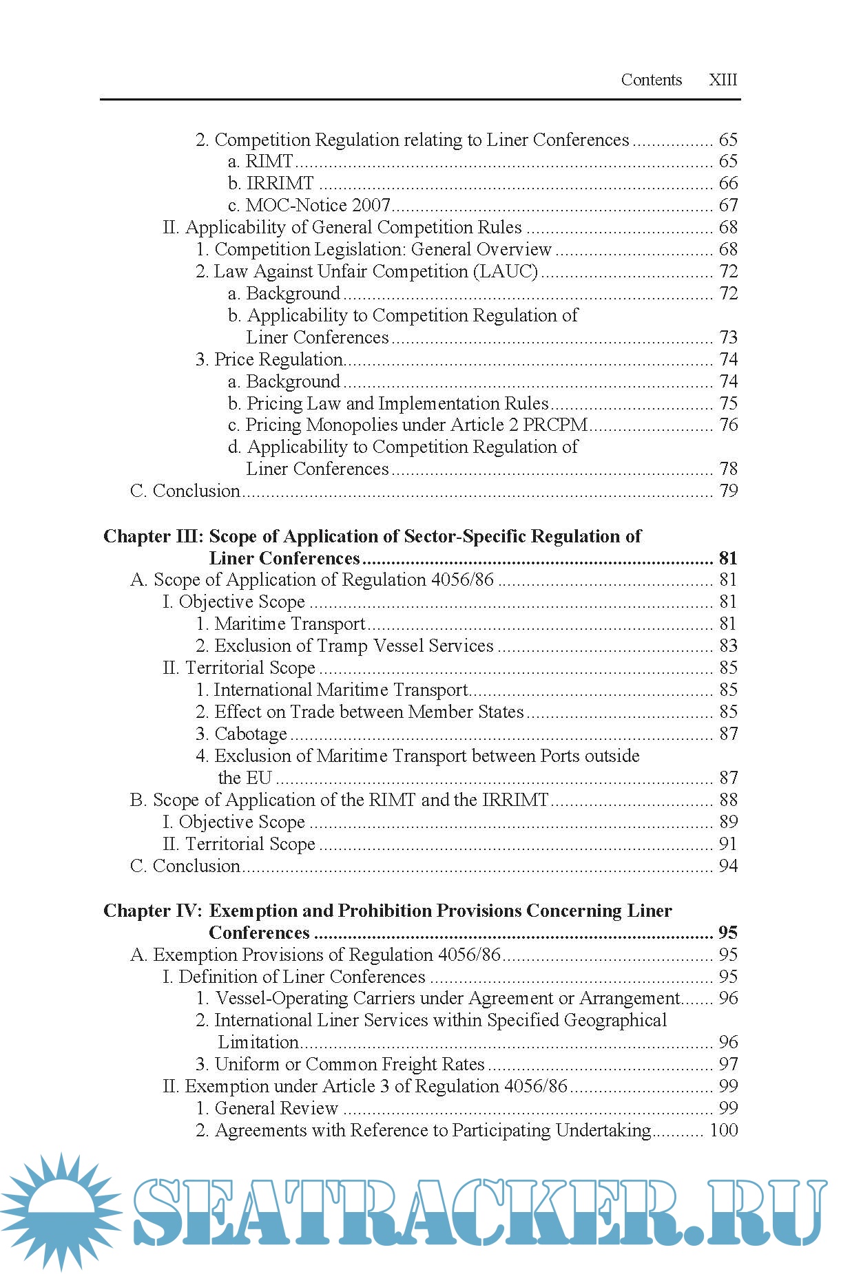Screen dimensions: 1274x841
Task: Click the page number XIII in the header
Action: (723, 80)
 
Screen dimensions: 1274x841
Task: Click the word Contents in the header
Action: (651, 80)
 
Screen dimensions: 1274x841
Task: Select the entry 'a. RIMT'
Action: (260, 161)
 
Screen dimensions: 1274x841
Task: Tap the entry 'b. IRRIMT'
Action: (271, 183)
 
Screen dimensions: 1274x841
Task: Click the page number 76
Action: (728, 425)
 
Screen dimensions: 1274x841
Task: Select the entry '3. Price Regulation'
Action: (269, 359)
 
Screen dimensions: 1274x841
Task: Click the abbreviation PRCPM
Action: (555, 425)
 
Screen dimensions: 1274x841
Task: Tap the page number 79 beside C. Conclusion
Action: (728, 491)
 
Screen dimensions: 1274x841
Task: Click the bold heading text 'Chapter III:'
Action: (154, 536)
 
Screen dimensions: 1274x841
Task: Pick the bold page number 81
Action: (728, 558)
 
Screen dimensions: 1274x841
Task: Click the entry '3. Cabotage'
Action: (241, 734)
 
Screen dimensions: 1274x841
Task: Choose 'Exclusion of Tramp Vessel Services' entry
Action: (344, 646)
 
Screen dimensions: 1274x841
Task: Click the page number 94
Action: (728, 866)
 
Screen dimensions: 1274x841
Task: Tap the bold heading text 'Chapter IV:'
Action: (153, 911)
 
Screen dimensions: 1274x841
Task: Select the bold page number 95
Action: (728, 933)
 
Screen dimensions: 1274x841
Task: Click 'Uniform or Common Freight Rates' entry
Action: (340, 1064)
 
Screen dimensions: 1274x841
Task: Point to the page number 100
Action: (723, 1130)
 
